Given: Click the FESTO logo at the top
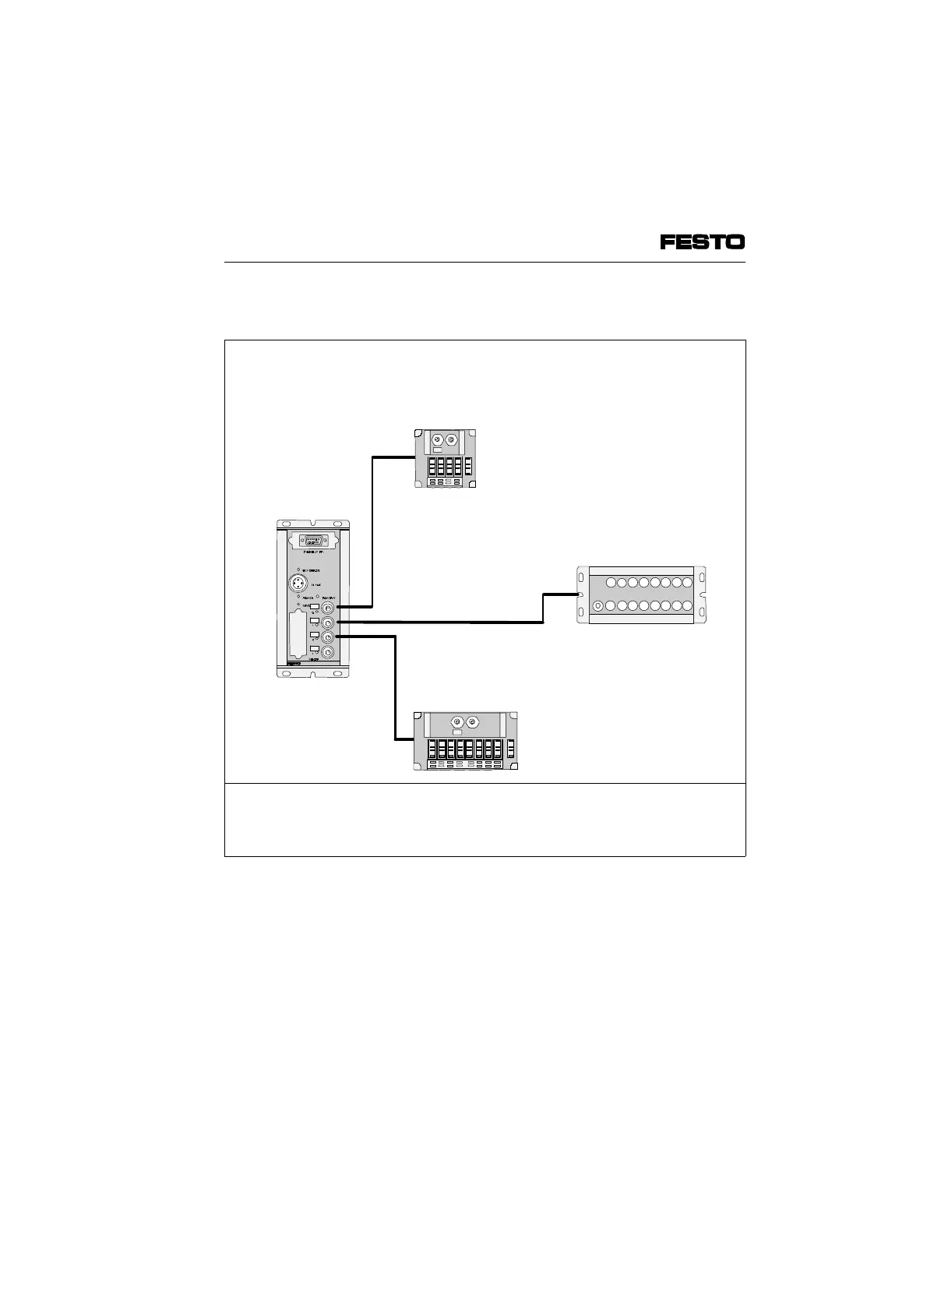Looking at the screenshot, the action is [x=702, y=242].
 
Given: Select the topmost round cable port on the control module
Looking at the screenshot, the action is [x=328, y=607].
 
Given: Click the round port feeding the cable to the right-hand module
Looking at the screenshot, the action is [x=328, y=622].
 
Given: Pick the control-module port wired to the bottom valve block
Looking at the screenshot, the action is [x=328, y=637].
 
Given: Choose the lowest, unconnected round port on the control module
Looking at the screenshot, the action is [x=328, y=652].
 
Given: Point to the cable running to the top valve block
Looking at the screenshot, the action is [x=373, y=530].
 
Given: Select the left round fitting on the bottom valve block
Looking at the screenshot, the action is [x=456, y=722].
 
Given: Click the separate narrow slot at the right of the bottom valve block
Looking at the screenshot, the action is [x=510, y=749].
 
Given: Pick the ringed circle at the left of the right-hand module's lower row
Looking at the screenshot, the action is [x=597, y=606].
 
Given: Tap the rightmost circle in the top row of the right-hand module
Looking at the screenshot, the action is [x=687, y=582].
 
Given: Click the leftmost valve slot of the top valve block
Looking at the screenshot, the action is [x=431, y=467].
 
